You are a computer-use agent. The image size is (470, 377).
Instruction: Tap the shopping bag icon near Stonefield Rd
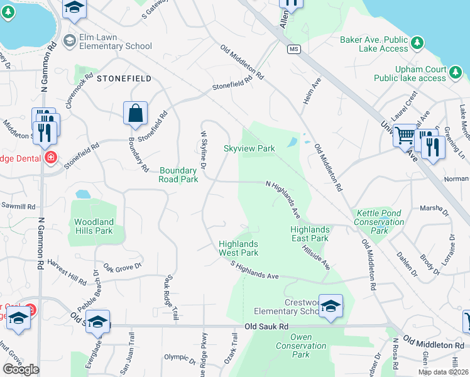(135, 114)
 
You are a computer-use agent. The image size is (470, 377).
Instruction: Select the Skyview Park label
(249, 149)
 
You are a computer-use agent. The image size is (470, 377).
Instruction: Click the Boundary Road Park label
(178, 175)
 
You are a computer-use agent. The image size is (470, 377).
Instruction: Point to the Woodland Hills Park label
(94, 226)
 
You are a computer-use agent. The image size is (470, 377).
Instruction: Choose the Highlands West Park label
(238, 248)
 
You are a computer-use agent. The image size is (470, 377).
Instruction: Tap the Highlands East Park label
(310, 234)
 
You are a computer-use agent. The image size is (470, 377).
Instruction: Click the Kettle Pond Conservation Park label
(379, 222)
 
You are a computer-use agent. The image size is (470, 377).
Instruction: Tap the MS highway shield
(292, 49)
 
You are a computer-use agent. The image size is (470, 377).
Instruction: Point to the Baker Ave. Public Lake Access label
(374, 44)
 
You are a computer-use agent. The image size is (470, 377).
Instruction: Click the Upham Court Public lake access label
(409, 74)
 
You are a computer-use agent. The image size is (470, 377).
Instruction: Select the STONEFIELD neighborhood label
(124, 78)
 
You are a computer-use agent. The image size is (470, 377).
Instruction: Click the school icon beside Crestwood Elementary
(331, 307)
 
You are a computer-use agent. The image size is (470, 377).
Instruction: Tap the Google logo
(21, 369)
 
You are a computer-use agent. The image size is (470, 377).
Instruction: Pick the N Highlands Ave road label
(283, 199)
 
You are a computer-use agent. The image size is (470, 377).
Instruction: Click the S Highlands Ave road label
(254, 271)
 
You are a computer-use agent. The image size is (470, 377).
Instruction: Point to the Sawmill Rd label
(18, 206)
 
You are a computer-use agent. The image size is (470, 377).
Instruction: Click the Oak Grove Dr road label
(123, 271)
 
